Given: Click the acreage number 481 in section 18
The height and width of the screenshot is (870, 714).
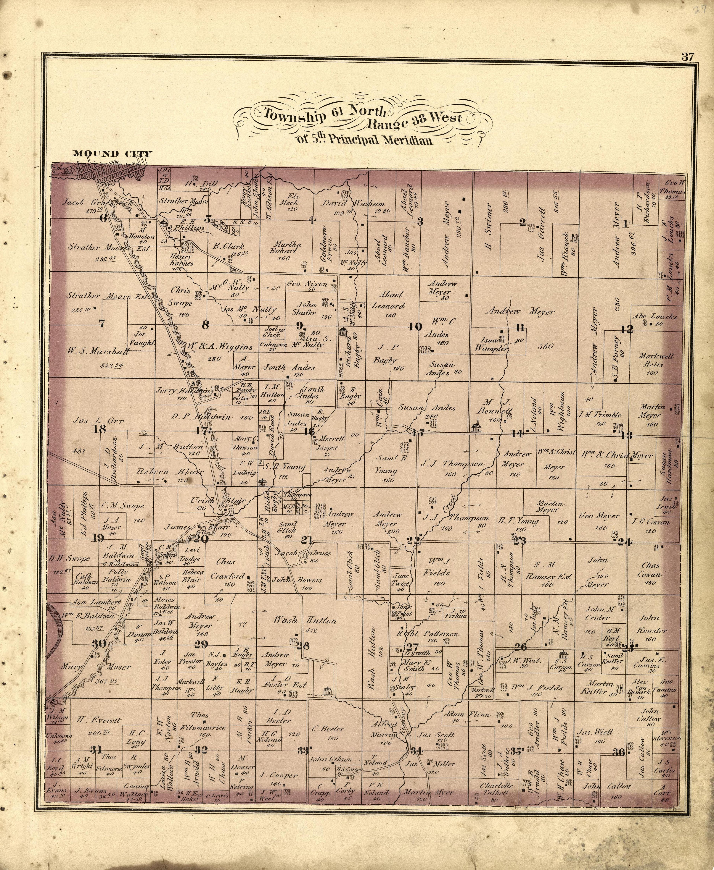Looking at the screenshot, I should click(78, 451).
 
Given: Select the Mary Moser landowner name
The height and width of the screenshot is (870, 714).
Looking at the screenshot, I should click(96, 667).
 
